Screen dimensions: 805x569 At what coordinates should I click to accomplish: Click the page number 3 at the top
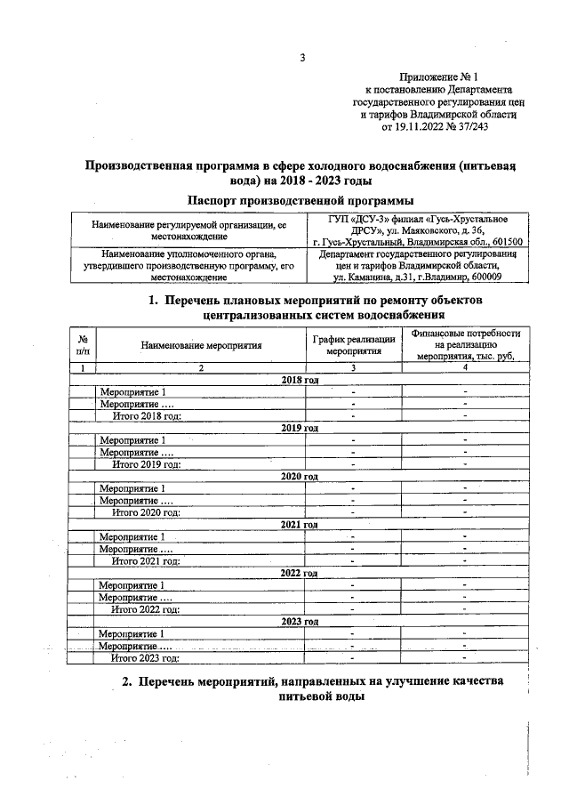302,59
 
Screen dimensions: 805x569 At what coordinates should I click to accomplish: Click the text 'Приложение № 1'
439,77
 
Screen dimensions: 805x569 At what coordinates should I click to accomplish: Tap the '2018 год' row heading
300,381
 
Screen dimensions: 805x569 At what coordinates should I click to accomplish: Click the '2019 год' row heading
300,428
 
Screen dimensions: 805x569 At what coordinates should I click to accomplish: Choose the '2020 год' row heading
300,477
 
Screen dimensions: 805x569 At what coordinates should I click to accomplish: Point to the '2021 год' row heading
300,525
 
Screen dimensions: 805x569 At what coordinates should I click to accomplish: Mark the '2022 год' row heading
300,574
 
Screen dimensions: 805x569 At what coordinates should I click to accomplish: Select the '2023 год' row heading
300,622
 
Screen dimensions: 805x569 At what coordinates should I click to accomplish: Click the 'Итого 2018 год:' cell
146,415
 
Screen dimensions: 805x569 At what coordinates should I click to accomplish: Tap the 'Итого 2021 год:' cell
146,560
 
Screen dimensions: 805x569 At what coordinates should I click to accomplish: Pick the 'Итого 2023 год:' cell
146,658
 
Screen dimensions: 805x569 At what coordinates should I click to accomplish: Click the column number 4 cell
464,367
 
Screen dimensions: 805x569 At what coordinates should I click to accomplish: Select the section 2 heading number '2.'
127,682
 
